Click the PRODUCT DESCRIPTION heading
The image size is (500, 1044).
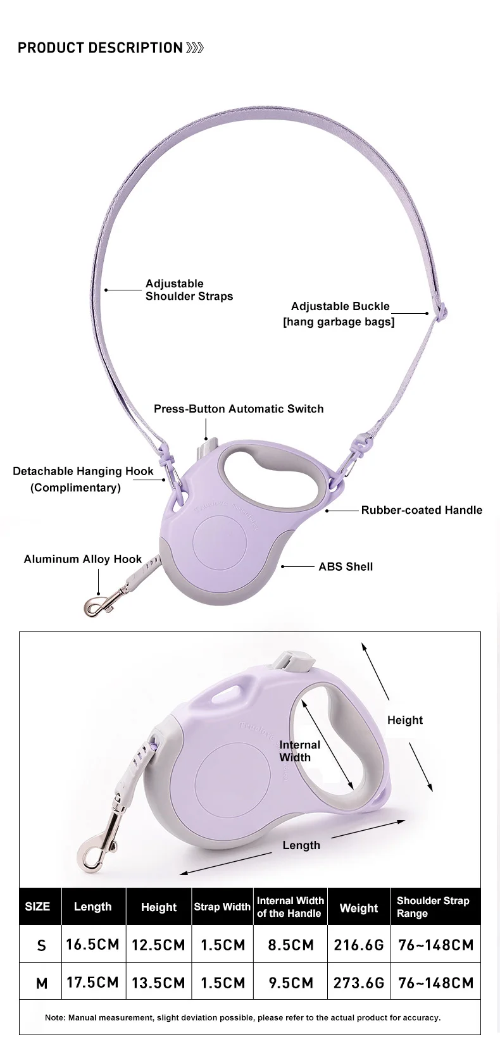click(x=100, y=48)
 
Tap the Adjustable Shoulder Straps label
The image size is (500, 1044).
click(x=189, y=290)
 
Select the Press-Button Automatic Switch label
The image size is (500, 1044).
click(x=239, y=409)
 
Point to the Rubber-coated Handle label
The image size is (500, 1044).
click(x=422, y=510)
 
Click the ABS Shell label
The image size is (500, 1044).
click(x=346, y=566)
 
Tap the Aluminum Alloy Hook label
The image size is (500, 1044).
click(x=83, y=559)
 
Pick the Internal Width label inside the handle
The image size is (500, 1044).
click(x=299, y=751)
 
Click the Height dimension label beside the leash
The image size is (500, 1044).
click(x=404, y=720)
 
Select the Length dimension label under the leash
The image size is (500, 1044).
click(x=301, y=845)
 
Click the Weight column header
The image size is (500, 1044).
click(x=359, y=908)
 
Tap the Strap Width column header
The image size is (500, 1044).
click(x=222, y=907)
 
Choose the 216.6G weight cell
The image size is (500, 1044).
click(x=359, y=945)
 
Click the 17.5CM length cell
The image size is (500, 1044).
click(x=93, y=983)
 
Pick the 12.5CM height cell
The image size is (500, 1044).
click(x=158, y=945)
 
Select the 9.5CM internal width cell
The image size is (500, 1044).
click(x=291, y=983)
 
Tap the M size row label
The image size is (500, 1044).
click(x=42, y=983)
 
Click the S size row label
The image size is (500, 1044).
click(x=42, y=945)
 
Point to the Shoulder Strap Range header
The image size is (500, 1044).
click(x=433, y=907)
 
